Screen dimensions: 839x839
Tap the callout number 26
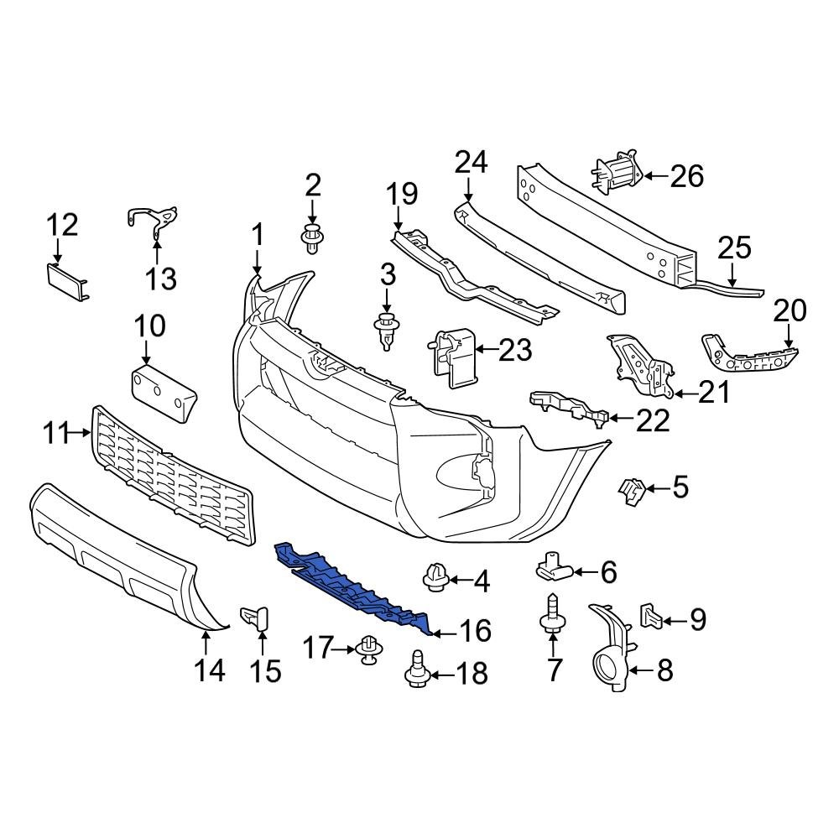[685, 176]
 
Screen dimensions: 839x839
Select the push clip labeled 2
[312, 238]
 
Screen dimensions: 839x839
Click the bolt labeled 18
[416, 670]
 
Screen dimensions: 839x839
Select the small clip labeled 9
[652, 617]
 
